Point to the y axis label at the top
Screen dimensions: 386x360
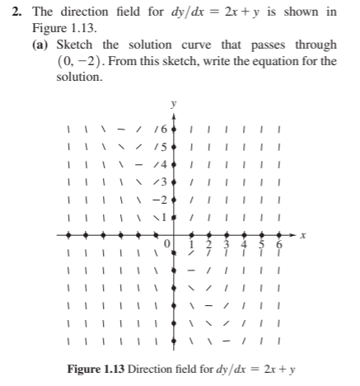173,105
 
